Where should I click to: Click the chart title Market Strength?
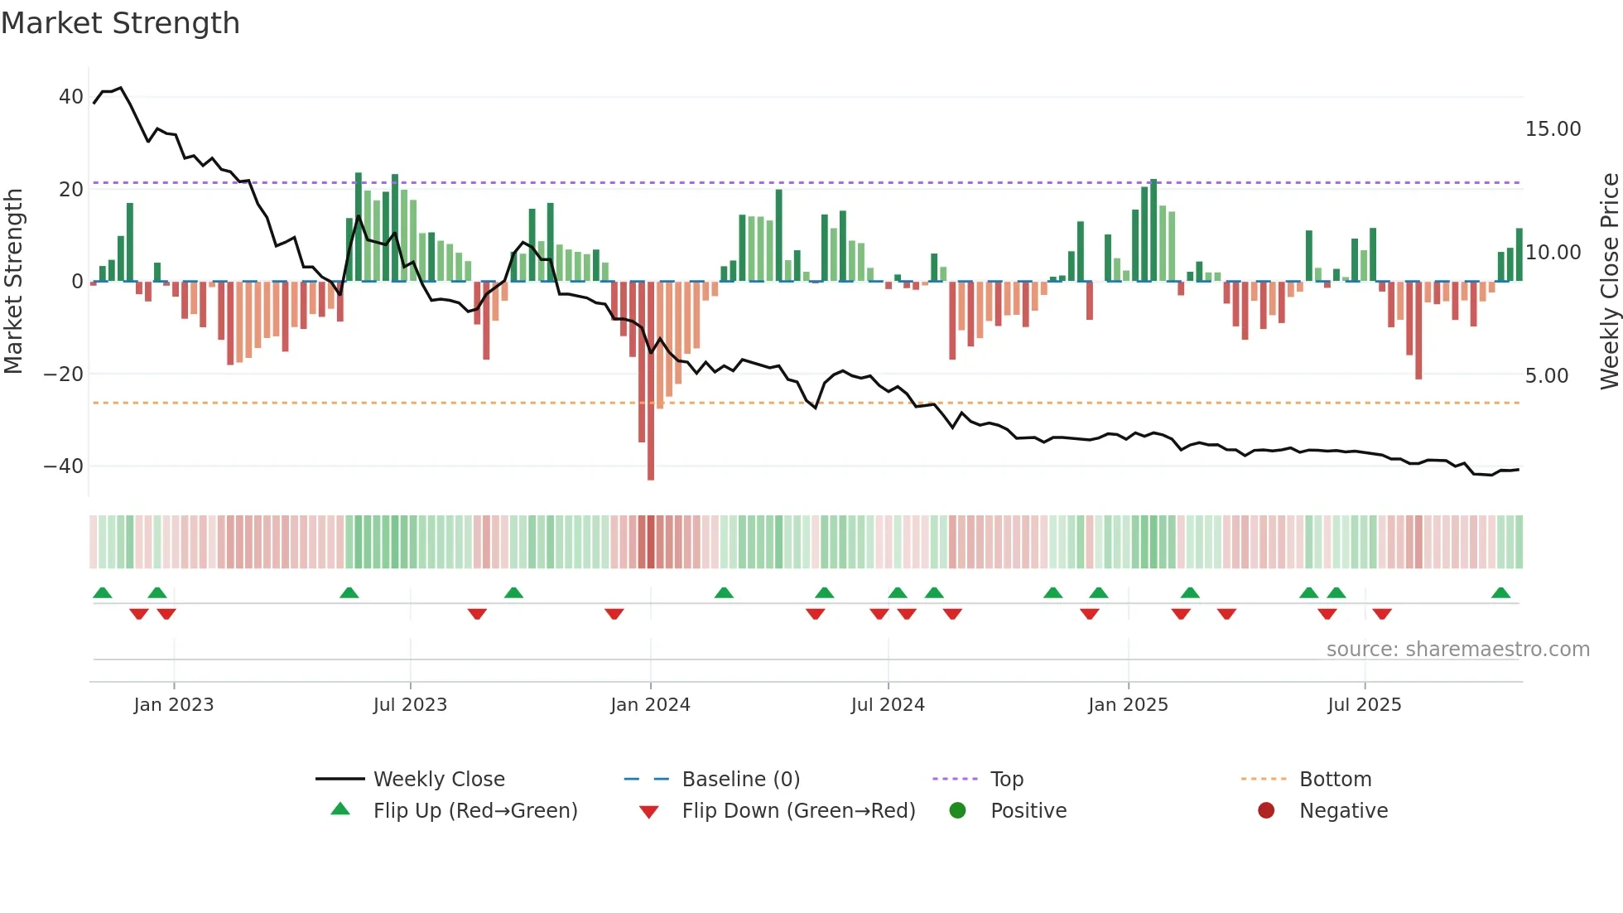tap(120, 23)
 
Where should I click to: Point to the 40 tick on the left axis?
tap(70, 97)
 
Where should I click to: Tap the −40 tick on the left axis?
tap(64, 466)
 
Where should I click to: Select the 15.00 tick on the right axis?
tap(1553, 129)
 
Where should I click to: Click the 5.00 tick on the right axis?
tap(1546, 376)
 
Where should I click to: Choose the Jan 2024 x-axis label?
tap(650, 705)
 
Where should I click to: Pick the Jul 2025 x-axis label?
tap(1364, 705)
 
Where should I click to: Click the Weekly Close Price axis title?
tap(1609, 282)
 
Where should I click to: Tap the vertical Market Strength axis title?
tap(13, 282)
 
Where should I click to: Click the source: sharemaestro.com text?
tap(1457, 650)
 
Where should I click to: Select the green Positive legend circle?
tap(957, 811)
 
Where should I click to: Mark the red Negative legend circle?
tap(1266, 811)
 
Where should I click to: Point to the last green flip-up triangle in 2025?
tap(1500, 593)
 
